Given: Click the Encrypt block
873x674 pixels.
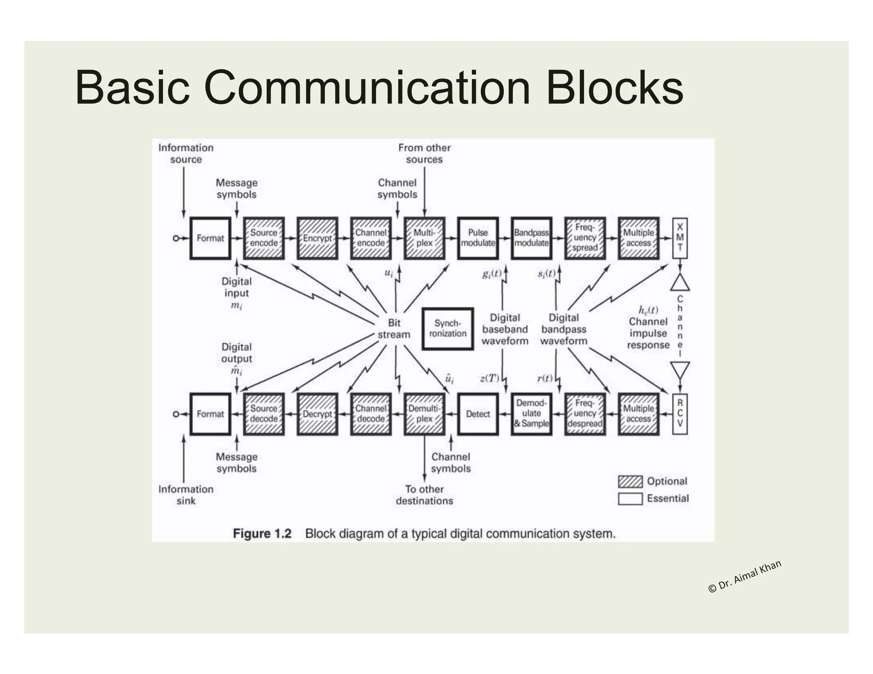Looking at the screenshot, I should [317, 238].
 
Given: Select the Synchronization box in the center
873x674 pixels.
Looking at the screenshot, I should [448, 328].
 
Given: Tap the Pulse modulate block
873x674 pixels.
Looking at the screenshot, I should [478, 238].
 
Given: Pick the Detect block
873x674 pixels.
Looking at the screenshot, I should [478, 414].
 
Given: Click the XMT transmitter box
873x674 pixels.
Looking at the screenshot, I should [680, 238].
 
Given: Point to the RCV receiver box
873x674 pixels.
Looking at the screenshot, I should [680, 414].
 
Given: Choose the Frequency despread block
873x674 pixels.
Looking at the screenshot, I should [585, 414].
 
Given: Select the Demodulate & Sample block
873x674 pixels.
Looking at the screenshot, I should [531, 414].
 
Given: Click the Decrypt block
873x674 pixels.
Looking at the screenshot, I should [317, 414].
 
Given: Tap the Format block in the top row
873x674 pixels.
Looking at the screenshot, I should [210, 238].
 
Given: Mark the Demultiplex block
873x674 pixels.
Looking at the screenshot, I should [424, 414].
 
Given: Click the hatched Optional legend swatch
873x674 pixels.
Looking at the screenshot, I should [630, 481].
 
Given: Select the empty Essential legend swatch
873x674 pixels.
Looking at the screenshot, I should [630, 498].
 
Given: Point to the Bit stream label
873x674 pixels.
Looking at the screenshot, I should [394, 328].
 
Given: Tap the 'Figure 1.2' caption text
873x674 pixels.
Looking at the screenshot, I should [262, 533].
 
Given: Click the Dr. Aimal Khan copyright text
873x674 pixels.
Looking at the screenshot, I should [744, 576].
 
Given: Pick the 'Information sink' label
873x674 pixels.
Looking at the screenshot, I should [186, 495].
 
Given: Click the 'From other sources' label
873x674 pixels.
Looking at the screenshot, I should [424, 153].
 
